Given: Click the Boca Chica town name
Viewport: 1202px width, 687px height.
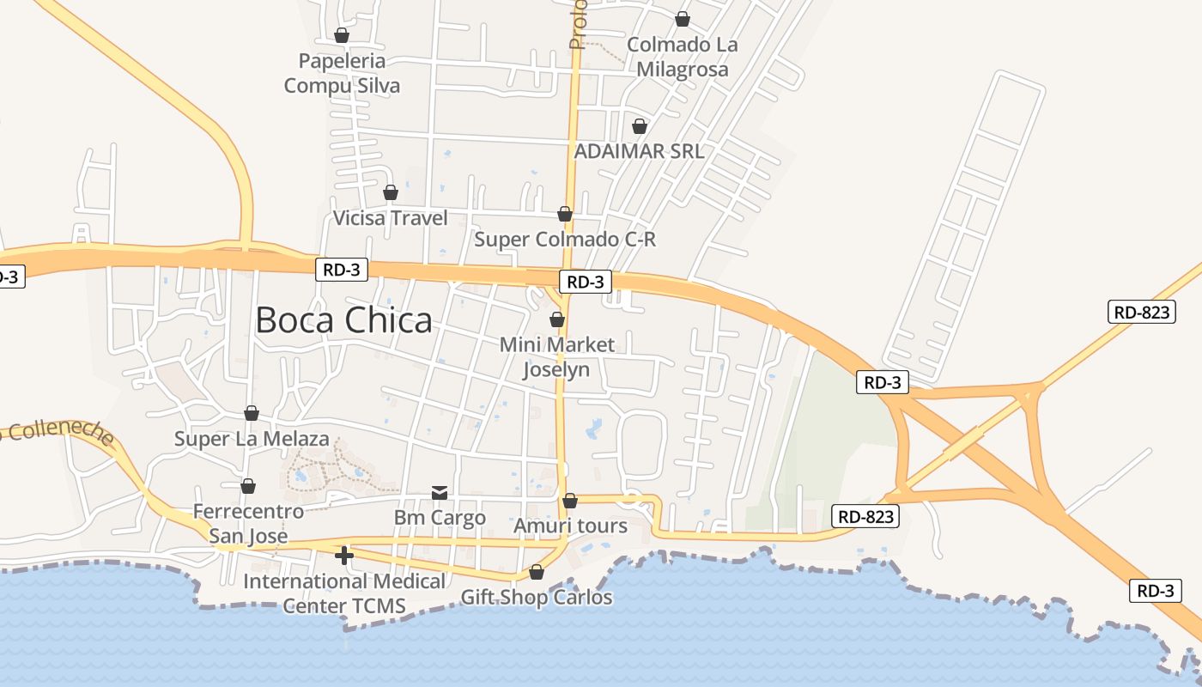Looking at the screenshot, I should pyautogui.click(x=343, y=320).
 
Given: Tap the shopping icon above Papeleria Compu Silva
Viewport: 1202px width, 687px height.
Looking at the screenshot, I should pyautogui.click(x=341, y=35).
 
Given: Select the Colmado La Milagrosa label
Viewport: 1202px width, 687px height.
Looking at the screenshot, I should pyautogui.click(x=682, y=57).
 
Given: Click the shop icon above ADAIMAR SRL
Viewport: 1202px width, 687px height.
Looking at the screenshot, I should pyautogui.click(x=639, y=126).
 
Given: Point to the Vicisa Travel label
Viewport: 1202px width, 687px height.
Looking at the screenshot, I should pyautogui.click(x=391, y=218).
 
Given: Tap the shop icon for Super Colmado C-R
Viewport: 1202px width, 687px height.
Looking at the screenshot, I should pyautogui.click(x=564, y=214).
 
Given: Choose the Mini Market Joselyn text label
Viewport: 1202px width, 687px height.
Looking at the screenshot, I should pyautogui.click(x=557, y=357).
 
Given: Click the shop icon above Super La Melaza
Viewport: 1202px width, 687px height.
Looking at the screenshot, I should pyautogui.click(x=251, y=413).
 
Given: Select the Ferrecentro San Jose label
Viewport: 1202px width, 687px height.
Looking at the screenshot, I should pyautogui.click(x=248, y=524).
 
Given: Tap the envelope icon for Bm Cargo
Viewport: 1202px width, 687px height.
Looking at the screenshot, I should pyautogui.click(x=440, y=492).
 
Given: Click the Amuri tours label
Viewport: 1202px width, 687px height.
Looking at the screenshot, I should pyautogui.click(x=570, y=526).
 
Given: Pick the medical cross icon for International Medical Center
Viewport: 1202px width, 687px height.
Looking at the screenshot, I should pyautogui.click(x=344, y=556).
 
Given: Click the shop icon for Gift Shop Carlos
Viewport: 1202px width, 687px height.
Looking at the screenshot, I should pyautogui.click(x=537, y=572).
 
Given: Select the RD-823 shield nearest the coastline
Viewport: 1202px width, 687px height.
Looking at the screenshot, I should pyautogui.click(x=865, y=516).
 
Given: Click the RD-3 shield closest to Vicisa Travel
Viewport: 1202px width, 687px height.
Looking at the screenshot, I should pyautogui.click(x=342, y=270).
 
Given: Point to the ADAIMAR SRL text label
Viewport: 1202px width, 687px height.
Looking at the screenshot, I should pyautogui.click(x=639, y=151).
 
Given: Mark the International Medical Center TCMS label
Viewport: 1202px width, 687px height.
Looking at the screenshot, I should pyautogui.click(x=344, y=593).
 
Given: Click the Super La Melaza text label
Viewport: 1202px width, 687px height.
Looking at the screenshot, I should pyautogui.click(x=252, y=439).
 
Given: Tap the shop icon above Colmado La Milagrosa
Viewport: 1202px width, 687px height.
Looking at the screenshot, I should pyautogui.click(x=682, y=19).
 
